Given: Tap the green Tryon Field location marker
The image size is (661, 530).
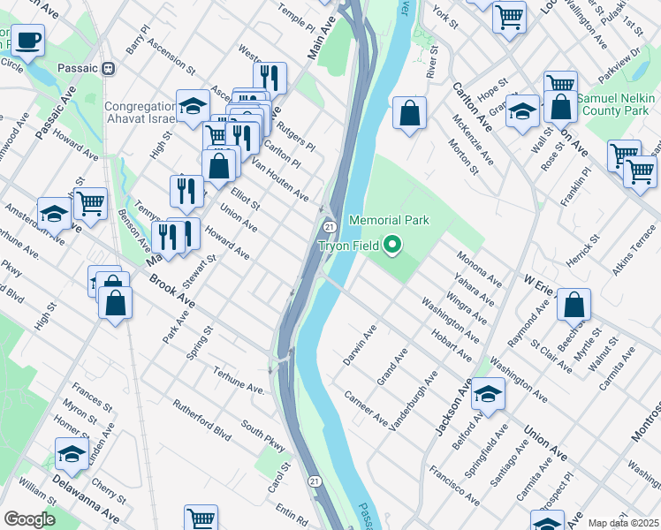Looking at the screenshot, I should (x=394, y=245).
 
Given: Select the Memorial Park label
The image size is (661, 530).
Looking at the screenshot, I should (x=389, y=220).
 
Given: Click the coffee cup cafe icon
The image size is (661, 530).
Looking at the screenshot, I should (x=27, y=40).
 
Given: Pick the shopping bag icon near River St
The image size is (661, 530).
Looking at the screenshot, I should (x=409, y=113).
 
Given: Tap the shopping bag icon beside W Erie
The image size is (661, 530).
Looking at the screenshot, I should (x=574, y=305).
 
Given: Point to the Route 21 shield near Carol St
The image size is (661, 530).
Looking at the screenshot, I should (x=315, y=481).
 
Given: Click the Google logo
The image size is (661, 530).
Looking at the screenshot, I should (x=30, y=519).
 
